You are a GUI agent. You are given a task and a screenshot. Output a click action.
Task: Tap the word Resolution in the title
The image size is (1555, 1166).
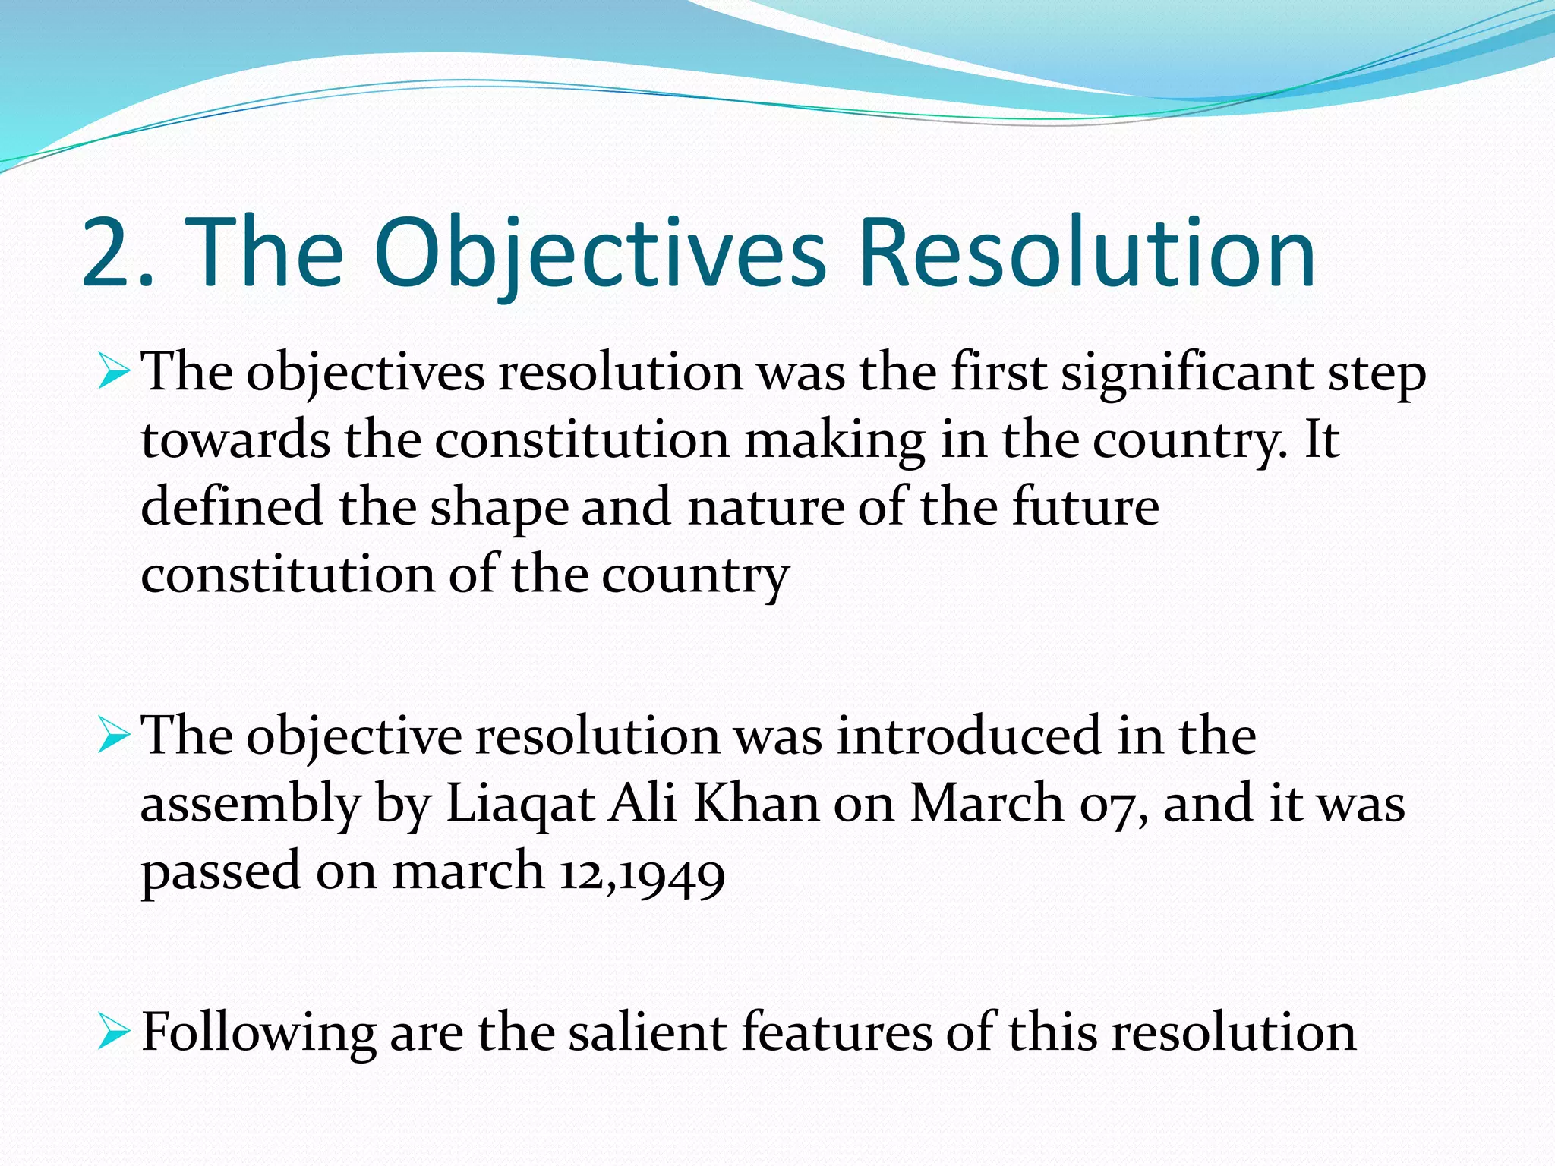click(1086, 254)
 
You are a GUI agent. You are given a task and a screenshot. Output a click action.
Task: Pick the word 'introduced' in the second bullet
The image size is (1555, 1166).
click(969, 736)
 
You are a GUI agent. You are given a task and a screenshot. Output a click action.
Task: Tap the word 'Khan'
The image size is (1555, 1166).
click(755, 803)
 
